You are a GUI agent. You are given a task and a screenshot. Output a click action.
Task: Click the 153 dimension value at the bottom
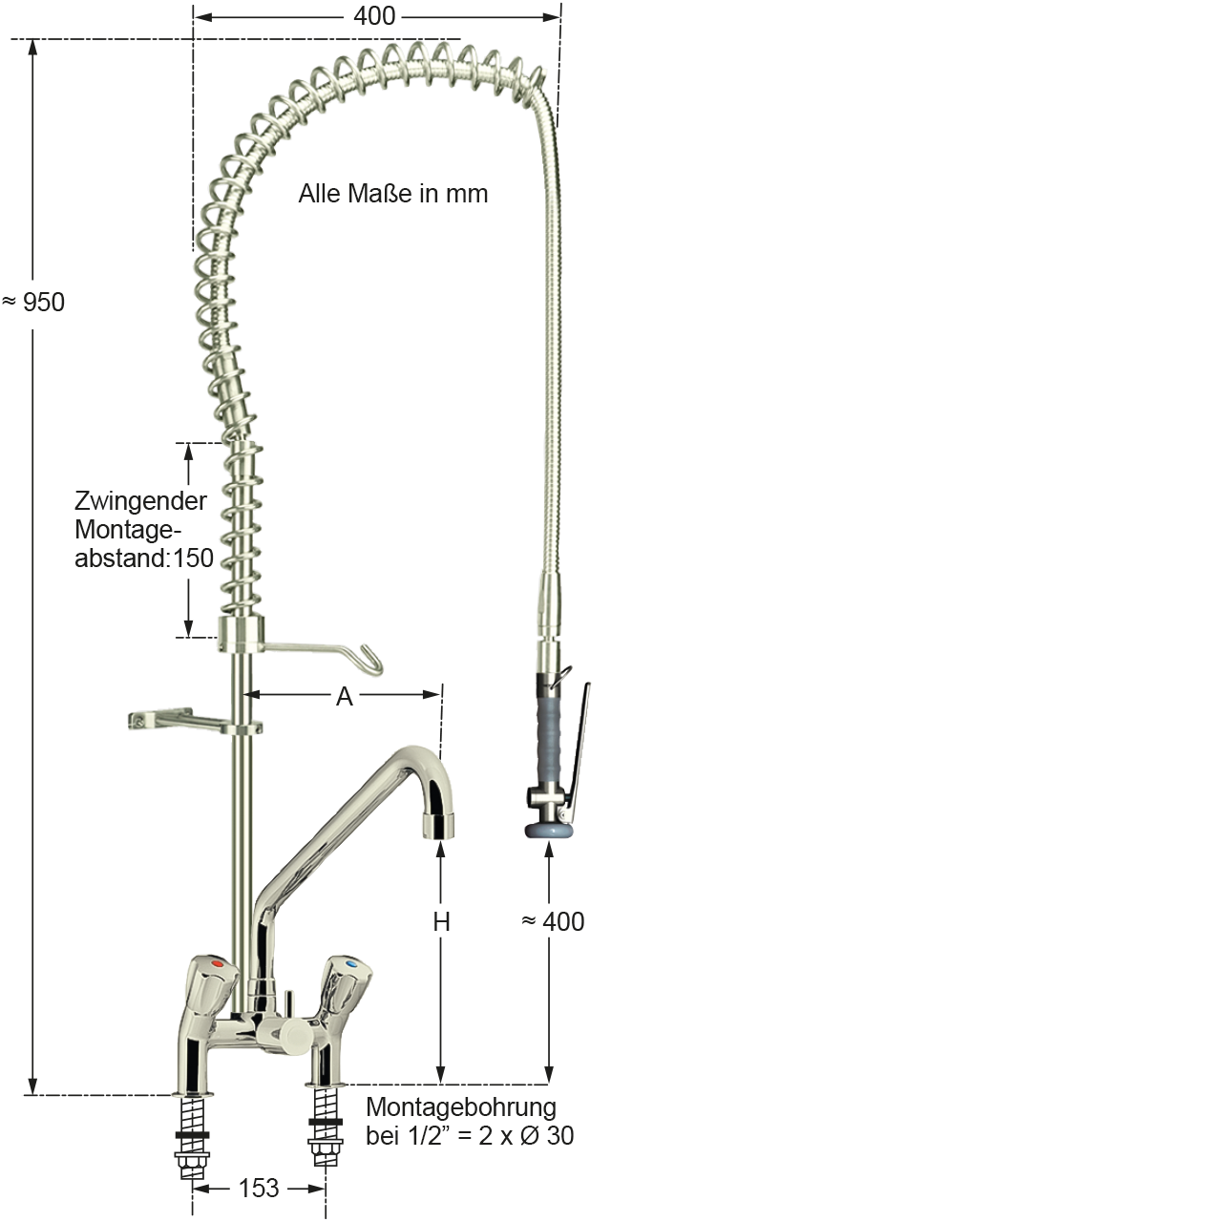(259, 1188)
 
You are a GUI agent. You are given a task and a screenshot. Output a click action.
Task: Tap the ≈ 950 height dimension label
(34, 303)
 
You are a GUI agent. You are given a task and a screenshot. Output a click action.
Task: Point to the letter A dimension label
(345, 697)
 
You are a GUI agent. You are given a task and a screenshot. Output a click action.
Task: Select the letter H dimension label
(441, 922)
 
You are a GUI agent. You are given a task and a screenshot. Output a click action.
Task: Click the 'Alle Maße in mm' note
(393, 195)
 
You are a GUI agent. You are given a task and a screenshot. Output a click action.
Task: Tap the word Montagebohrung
(461, 1108)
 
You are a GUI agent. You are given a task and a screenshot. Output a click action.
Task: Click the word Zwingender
(139, 503)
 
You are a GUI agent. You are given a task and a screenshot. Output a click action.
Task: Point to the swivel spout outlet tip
(438, 822)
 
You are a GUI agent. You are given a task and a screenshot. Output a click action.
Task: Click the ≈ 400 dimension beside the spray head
(554, 922)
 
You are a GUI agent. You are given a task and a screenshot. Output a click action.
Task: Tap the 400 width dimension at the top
(374, 15)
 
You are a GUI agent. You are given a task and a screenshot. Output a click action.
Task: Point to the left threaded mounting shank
(194, 1130)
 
